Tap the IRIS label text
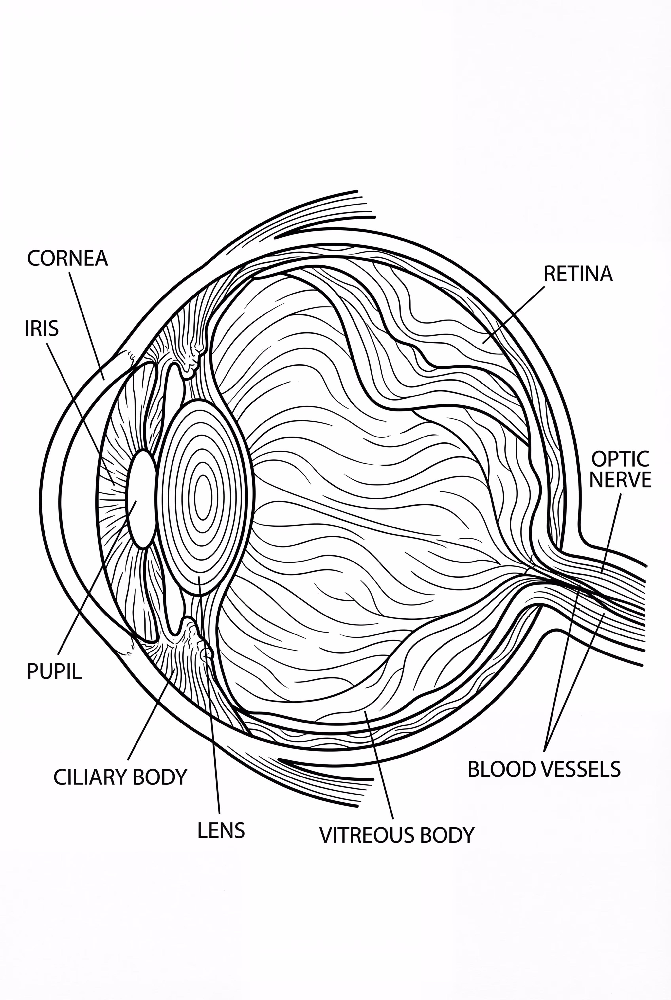42,329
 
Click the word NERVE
620,480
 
